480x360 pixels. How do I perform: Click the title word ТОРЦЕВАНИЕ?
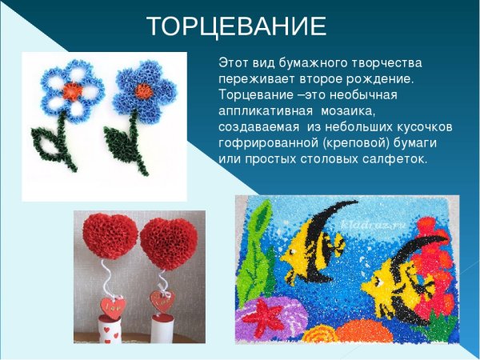pos(237,27)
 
